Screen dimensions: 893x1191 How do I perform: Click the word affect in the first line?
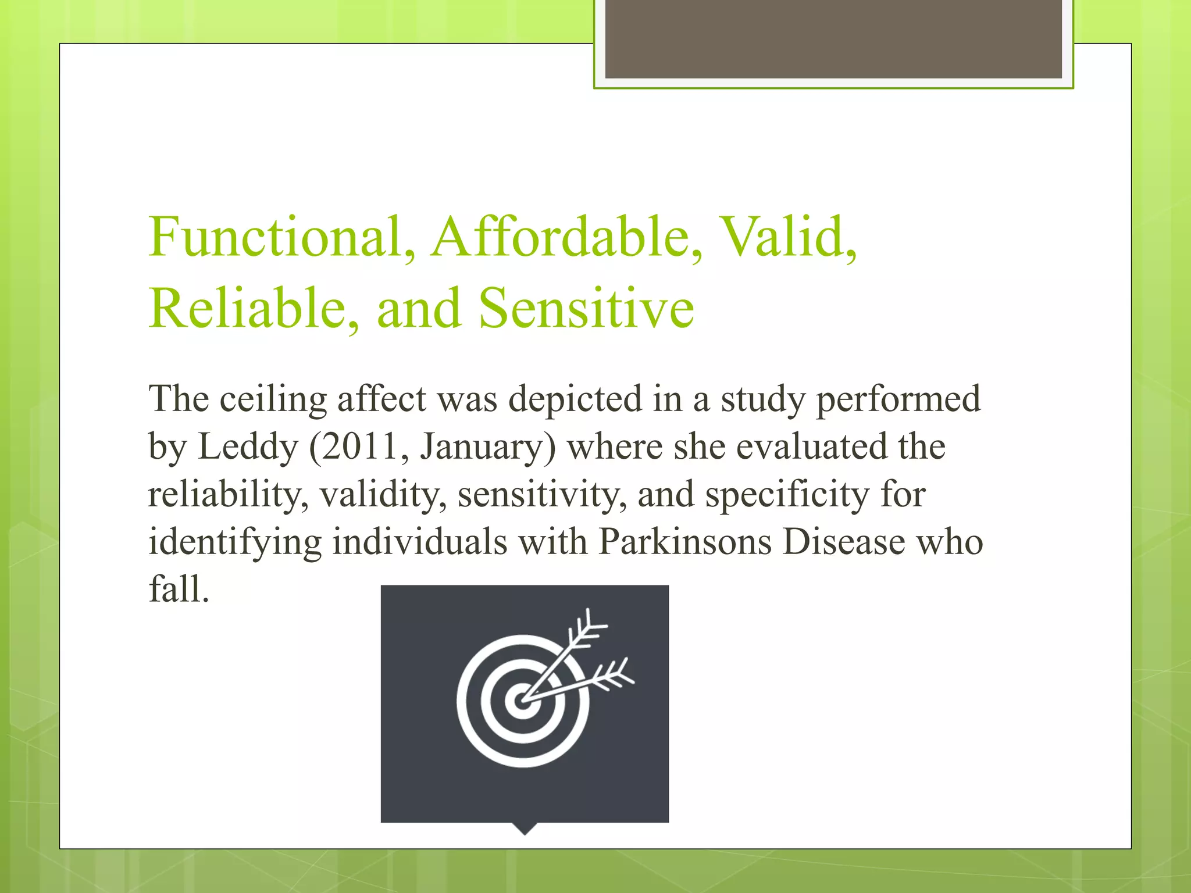382,400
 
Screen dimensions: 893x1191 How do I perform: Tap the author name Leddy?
248,447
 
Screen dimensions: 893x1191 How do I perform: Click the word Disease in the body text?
844,542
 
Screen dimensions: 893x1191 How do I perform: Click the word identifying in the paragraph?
235,542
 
